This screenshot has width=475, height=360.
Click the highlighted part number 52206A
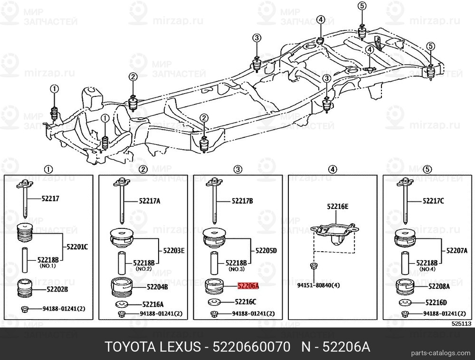coord(248,286)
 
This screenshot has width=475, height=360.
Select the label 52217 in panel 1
coord(51,199)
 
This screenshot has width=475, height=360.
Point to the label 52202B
coord(57,289)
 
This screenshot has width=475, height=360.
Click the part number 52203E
coord(173,250)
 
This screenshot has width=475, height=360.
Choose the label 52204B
coord(157,287)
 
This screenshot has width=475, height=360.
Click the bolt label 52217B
coord(242,201)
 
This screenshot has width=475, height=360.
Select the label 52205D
coord(266,250)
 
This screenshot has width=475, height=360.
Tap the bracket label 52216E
coord(337,207)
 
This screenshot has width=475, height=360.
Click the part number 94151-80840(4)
coord(318,285)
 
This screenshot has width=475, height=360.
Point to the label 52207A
coord(457,250)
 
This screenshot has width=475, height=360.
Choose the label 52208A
coord(439,286)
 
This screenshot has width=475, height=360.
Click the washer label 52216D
coord(436,302)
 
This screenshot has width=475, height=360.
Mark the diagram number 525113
coord(461,323)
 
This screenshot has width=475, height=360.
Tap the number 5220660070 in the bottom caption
coord(251,347)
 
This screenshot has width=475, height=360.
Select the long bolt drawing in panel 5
coord(406,200)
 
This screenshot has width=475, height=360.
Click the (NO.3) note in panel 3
coord(236,269)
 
